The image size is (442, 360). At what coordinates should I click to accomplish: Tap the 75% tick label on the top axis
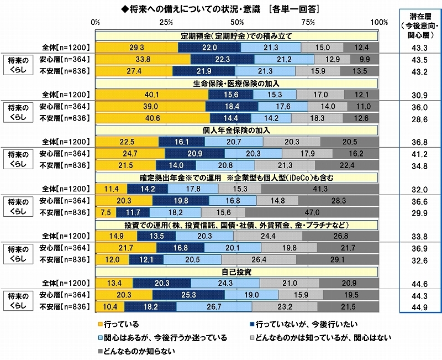coord(308,22)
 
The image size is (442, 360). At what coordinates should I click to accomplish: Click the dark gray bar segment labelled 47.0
coord(312,212)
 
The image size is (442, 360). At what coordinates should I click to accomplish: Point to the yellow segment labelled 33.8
coord(143,60)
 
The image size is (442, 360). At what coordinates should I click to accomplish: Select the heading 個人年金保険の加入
coord(237,130)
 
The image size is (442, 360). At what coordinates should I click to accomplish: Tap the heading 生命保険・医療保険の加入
coord(237,83)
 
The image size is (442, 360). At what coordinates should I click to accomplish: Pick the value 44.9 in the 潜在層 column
coord(419,309)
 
